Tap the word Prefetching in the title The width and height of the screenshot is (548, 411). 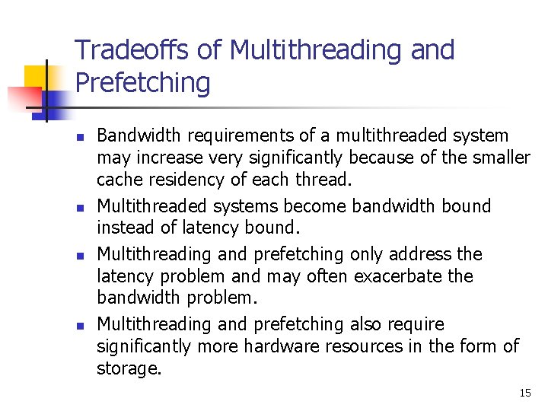[142, 83]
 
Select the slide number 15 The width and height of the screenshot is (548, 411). [525, 393]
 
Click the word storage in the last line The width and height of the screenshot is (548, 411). [129, 369]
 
